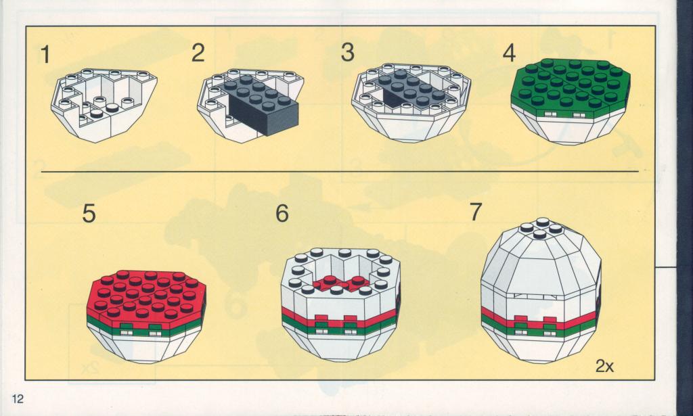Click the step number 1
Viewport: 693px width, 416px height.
click(45, 55)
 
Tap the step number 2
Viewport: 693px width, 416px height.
click(198, 53)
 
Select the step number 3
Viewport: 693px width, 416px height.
click(347, 53)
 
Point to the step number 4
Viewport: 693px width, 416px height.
click(509, 53)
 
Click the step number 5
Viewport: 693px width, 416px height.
click(89, 214)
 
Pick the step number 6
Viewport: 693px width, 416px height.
click(282, 214)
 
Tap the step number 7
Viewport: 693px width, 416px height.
click(475, 212)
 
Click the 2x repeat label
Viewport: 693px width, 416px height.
click(604, 366)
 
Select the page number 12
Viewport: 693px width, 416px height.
click(18, 399)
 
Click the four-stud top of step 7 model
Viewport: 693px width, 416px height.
click(541, 228)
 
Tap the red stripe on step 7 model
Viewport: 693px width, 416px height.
click(539, 320)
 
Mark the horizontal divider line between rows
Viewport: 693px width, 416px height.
click(340, 171)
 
